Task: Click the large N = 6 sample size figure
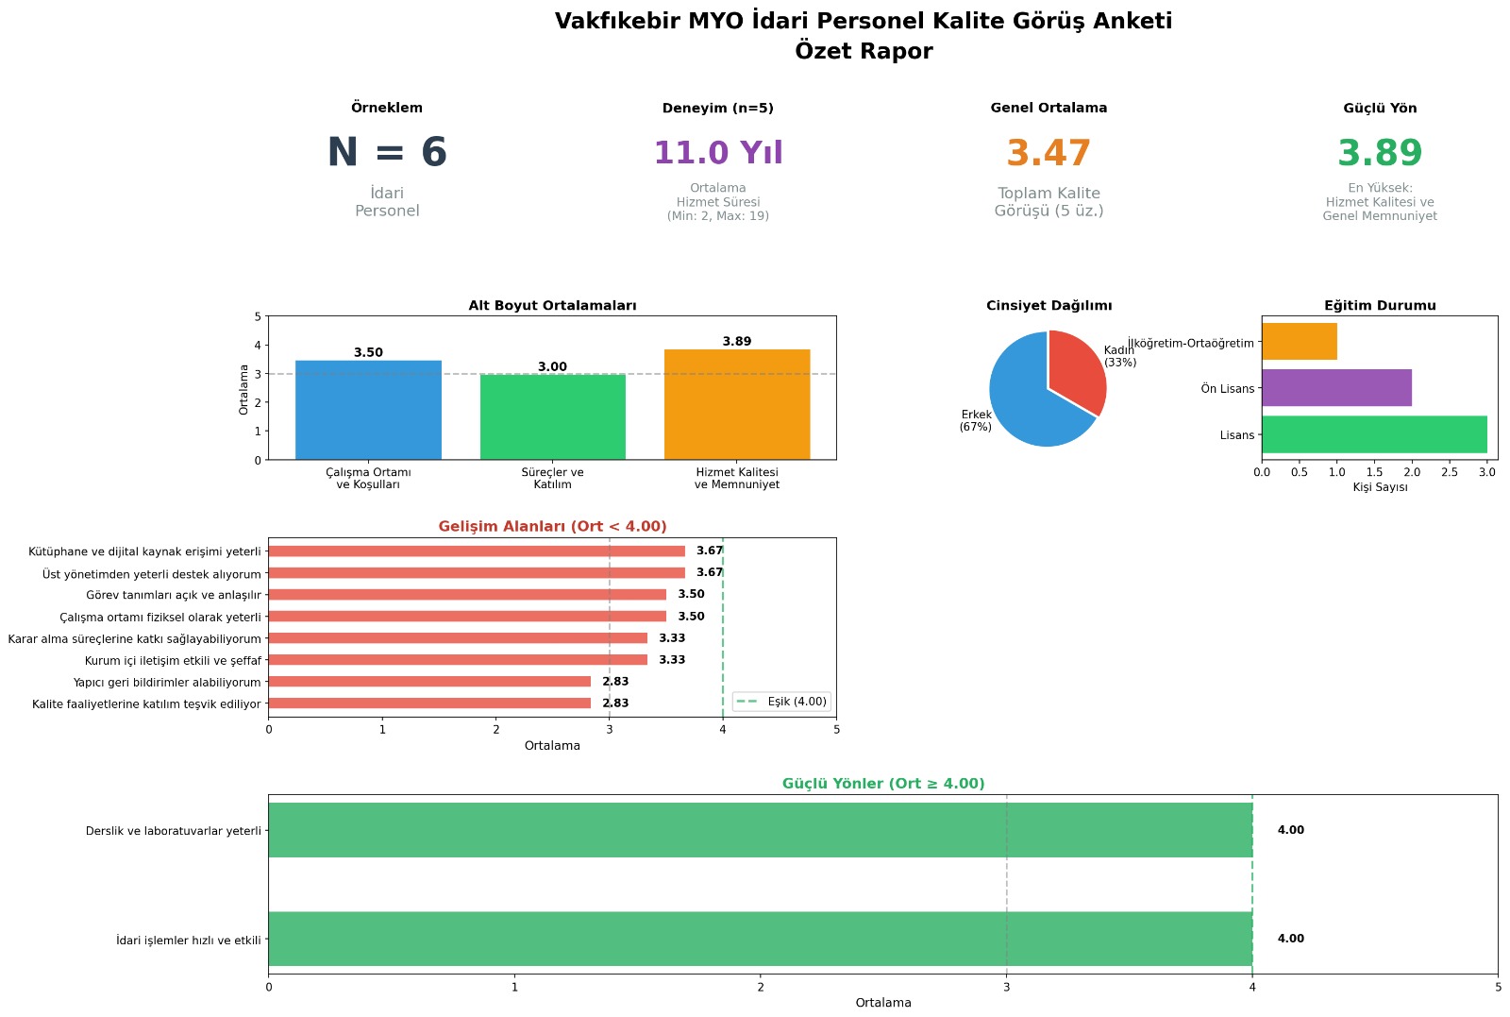point(387,153)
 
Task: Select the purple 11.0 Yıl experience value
point(718,153)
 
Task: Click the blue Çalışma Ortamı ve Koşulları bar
point(368,410)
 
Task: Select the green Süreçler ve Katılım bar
point(553,416)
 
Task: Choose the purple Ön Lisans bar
point(1336,388)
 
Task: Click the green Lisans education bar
point(1374,434)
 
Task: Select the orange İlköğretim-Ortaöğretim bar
point(1300,342)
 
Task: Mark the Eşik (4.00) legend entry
point(782,702)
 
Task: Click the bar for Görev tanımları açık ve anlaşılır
point(467,595)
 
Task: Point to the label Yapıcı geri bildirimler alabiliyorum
point(167,683)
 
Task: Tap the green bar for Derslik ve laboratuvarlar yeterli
point(760,830)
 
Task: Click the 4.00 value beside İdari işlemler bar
point(1290,939)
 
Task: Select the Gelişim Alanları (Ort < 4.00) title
point(552,527)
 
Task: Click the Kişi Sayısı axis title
point(1380,487)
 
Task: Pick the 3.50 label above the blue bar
point(368,353)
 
